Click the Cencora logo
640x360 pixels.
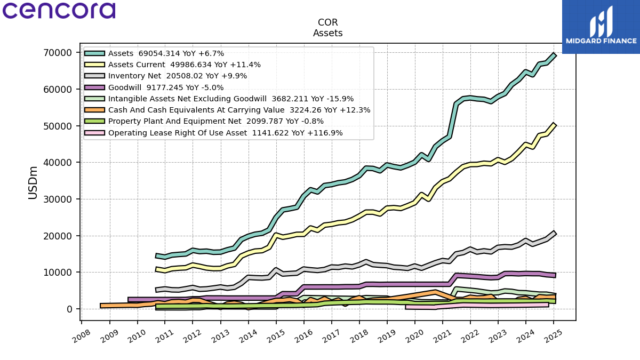pyautogui.click(x=59, y=11)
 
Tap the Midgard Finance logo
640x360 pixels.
pyautogui.click(x=601, y=27)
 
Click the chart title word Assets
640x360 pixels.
pyautogui.click(x=327, y=33)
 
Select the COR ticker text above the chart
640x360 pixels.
pyautogui.click(x=327, y=22)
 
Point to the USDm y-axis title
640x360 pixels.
pyautogui.click(x=33, y=183)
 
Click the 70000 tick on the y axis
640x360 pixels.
pyautogui.click(x=58, y=53)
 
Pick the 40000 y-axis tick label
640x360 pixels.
pyautogui.click(x=58, y=163)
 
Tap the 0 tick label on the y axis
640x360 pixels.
pyautogui.click(x=69, y=309)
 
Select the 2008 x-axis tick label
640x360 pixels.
pyautogui.click(x=82, y=336)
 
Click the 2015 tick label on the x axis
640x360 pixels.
pyautogui.click(x=276, y=336)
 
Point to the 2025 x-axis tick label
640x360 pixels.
pyautogui.click(x=554, y=336)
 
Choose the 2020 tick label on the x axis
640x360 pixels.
pyautogui.click(x=415, y=336)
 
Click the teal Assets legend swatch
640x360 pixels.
pyautogui.click(x=95, y=53)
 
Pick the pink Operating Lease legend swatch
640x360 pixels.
pyautogui.click(x=95, y=133)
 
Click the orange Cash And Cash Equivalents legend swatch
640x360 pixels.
pyautogui.click(x=95, y=110)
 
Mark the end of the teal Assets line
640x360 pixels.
pyautogui.click(x=554, y=55)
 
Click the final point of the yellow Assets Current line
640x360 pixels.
pyautogui.click(x=554, y=125)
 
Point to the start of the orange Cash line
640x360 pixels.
pyautogui.click(x=101, y=306)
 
